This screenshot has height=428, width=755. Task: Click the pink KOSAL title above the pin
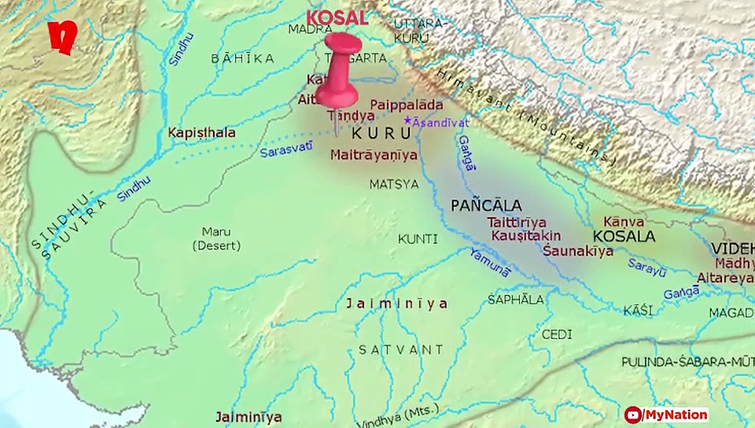click(x=337, y=17)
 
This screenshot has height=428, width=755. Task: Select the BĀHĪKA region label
click(x=242, y=58)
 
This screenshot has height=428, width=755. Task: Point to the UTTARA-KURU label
click(x=419, y=30)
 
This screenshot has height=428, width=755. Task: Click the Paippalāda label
click(x=406, y=105)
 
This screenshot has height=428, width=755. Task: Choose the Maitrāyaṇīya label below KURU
click(x=374, y=155)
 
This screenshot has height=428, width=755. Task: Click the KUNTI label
click(x=418, y=238)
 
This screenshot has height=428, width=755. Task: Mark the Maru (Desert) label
click(x=216, y=238)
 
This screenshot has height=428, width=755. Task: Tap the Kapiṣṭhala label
click(x=201, y=133)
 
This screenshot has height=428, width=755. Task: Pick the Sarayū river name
click(x=646, y=268)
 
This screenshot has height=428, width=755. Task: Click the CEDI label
click(x=556, y=334)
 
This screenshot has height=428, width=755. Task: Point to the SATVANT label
click(x=400, y=349)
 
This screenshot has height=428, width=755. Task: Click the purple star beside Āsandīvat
click(x=407, y=120)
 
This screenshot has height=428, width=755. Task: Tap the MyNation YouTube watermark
click(x=665, y=415)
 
